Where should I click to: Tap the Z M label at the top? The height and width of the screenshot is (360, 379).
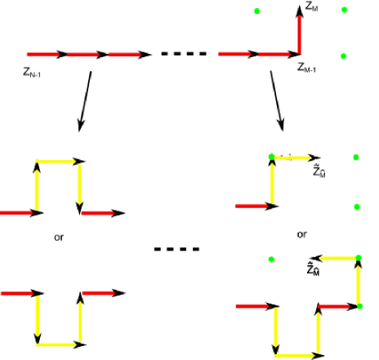click(x=312, y=7)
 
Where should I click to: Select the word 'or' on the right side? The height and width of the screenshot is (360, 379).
click(x=301, y=234)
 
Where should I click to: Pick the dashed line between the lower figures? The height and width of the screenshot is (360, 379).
click(x=177, y=249)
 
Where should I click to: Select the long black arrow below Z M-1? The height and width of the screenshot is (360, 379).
click(x=277, y=100)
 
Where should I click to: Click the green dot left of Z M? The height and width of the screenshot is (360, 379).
click(x=257, y=11)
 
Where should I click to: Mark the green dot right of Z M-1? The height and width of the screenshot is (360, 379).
click(x=344, y=56)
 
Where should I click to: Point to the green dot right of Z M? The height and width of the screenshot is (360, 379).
click(x=345, y=10)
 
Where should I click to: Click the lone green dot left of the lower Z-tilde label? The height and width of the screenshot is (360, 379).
click(x=270, y=259)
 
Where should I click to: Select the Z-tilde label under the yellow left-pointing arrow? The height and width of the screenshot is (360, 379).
click(x=313, y=269)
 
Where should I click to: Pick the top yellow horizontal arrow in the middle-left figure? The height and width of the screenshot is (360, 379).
click(x=58, y=162)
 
